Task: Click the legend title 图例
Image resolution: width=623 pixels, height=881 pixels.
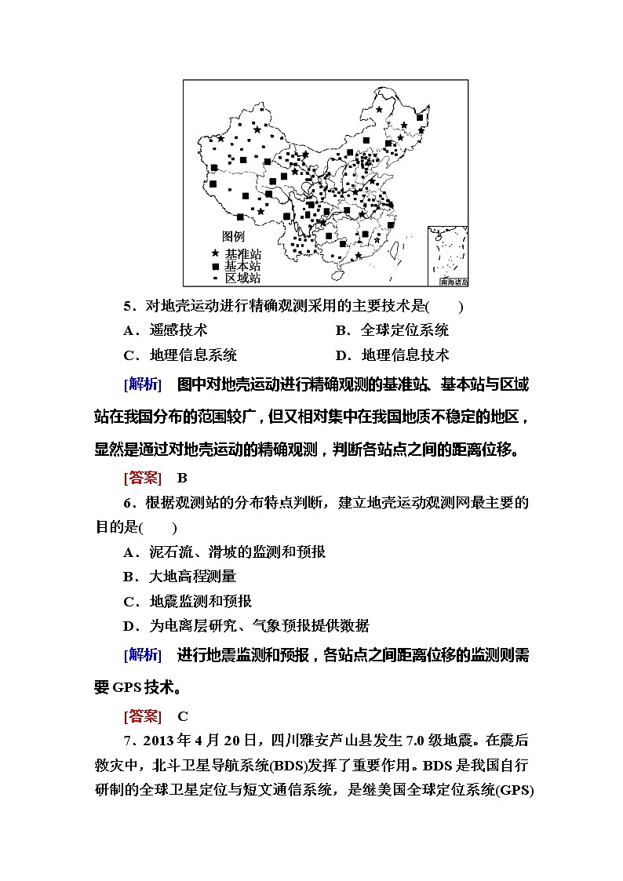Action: point(233,236)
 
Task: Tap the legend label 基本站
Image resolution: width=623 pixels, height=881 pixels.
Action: point(242,266)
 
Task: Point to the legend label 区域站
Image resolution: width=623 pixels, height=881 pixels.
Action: point(242,278)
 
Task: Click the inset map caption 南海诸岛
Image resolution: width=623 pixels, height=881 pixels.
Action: point(454,280)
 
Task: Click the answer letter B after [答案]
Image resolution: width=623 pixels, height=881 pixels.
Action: point(182,477)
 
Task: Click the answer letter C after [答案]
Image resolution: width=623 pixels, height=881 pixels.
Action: point(182,715)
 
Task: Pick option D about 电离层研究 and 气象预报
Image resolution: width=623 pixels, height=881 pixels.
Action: point(246,626)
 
